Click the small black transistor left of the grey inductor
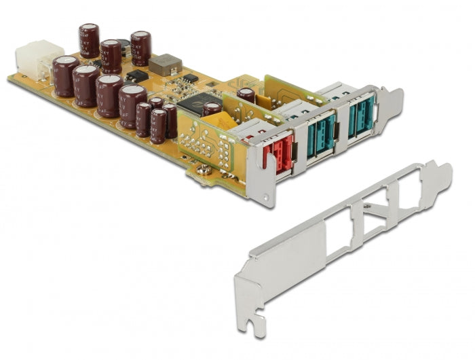pyautogui.click(x=138, y=76)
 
